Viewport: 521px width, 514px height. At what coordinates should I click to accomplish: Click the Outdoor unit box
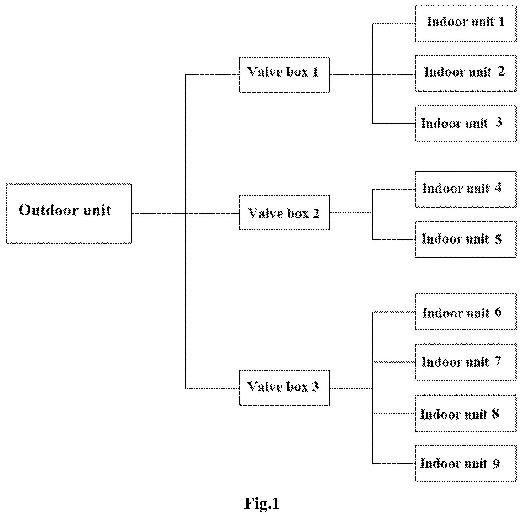click(69, 213)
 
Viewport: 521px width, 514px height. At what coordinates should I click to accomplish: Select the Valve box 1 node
click(284, 75)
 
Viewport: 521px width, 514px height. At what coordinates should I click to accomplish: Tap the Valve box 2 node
click(284, 213)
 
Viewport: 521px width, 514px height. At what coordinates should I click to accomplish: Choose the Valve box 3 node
click(284, 388)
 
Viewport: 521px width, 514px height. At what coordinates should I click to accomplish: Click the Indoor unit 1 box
click(466, 24)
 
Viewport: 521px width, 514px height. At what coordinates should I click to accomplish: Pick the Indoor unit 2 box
click(466, 73)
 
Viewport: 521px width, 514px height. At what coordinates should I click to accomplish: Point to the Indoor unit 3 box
click(466, 123)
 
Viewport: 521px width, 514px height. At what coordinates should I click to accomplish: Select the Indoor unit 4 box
click(466, 189)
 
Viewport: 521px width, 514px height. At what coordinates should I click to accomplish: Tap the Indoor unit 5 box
click(466, 240)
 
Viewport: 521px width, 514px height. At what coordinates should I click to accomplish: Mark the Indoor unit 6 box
click(466, 312)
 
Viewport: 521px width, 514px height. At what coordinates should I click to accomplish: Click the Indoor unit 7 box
click(466, 362)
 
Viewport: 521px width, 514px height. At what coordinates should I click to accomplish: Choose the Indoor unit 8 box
click(466, 414)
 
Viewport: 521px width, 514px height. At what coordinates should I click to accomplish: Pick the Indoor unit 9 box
click(466, 463)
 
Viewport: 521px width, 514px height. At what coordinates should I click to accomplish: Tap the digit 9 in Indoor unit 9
click(495, 463)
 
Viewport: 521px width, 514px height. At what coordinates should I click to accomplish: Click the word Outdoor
click(47, 210)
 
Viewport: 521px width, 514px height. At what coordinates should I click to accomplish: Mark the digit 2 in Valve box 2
click(316, 213)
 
